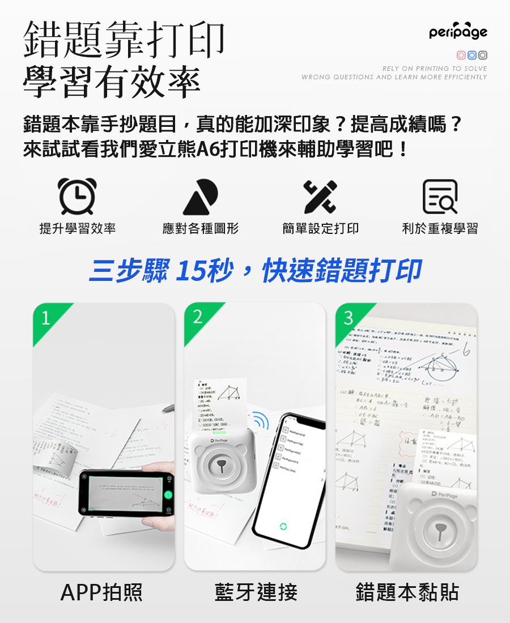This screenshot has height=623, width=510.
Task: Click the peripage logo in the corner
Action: click(x=458, y=32)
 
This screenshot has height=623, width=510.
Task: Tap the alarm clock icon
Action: click(x=77, y=197)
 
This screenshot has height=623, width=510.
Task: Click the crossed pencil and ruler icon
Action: click(x=320, y=197)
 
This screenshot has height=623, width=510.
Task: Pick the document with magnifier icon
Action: click(x=440, y=197)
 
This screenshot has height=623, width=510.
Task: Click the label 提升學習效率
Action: click(x=78, y=228)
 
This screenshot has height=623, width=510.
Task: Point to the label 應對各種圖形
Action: click(x=200, y=228)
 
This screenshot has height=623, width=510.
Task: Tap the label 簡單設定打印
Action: click(x=320, y=228)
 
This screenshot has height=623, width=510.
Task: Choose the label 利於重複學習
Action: click(x=440, y=228)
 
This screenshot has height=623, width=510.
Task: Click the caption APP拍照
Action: click(x=102, y=592)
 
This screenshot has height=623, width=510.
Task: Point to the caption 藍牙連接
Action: click(x=256, y=592)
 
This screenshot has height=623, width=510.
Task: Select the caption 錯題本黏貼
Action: click(x=407, y=592)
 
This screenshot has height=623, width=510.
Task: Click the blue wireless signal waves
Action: click(x=261, y=421)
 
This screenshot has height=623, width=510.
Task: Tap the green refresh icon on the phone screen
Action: click(x=283, y=527)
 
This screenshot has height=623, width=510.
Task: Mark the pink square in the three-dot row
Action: click(x=461, y=56)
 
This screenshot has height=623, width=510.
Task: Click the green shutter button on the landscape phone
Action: click(x=168, y=494)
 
